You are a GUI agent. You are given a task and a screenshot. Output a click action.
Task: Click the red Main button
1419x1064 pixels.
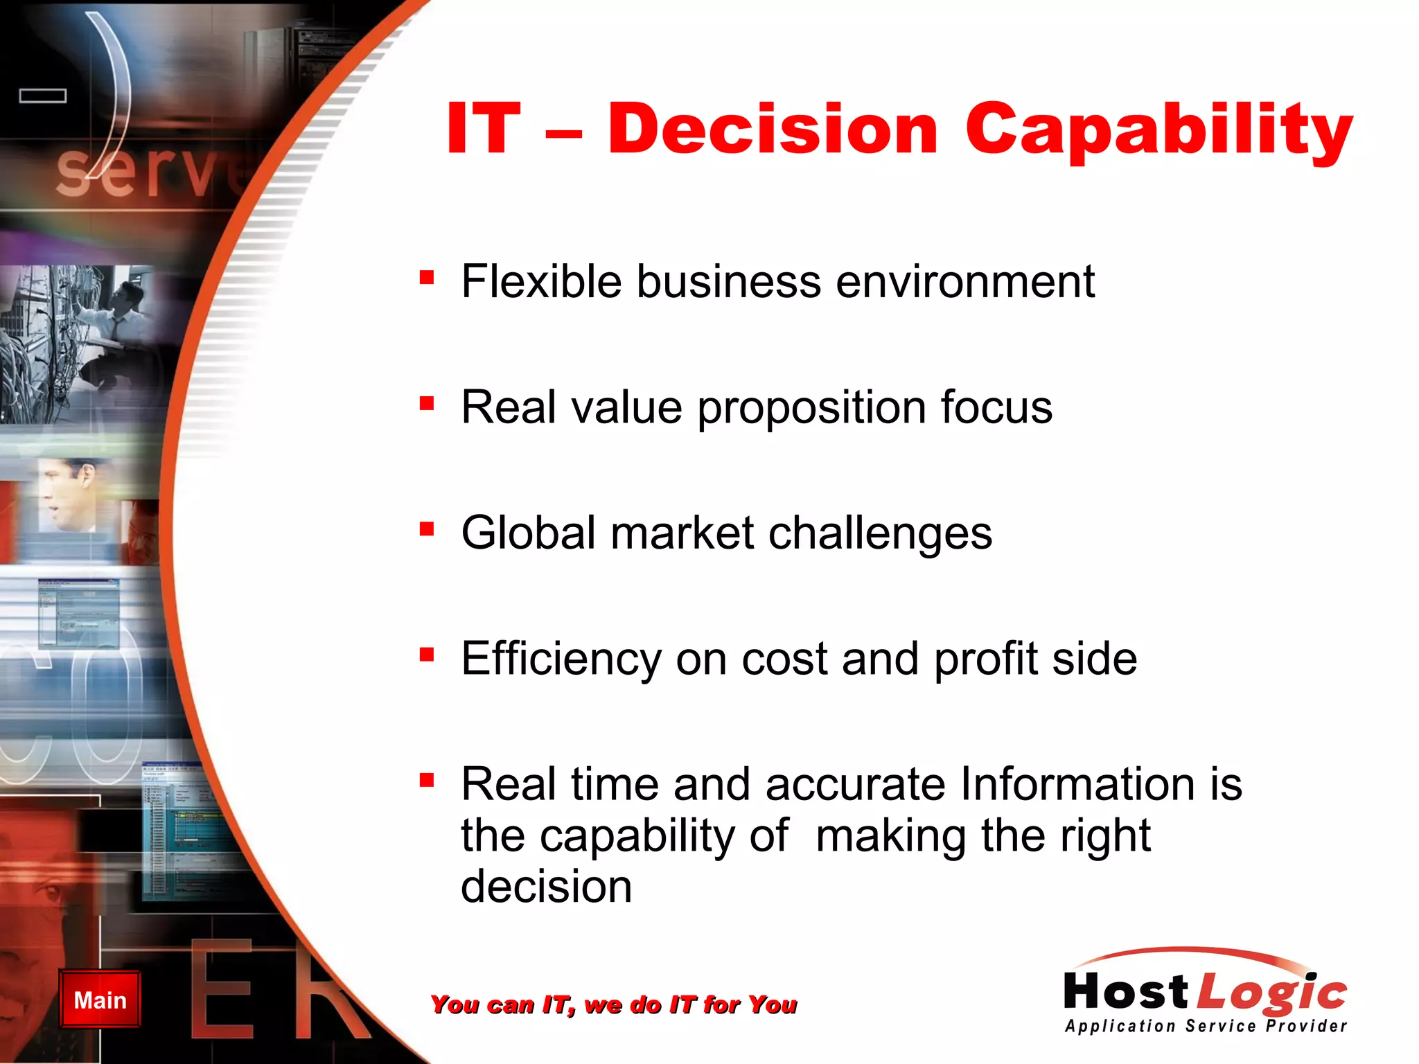[x=100, y=1000]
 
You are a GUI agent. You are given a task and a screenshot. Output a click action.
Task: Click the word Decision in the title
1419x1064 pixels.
[x=773, y=130]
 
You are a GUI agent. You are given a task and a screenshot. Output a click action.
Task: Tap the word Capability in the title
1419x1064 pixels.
[x=1158, y=132]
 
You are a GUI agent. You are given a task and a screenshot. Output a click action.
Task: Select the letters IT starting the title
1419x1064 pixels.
[x=483, y=130]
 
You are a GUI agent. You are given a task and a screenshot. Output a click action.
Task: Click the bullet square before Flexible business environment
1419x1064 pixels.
[x=427, y=278]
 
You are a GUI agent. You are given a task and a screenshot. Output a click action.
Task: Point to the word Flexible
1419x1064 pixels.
[x=541, y=282]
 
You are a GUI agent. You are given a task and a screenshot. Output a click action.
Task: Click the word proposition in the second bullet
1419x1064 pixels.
[x=811, y=409]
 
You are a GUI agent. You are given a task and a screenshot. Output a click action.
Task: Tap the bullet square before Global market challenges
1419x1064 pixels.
[x=427, y=530]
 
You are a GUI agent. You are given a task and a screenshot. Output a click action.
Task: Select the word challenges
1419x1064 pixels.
[x=880, y=533]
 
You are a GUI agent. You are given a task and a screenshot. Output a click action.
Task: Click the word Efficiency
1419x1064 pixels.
[x=561, y=659]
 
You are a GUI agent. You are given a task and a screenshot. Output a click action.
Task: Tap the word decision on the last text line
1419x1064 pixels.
[x=546, y=887]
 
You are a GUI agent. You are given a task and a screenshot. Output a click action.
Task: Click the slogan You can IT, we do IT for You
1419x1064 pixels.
[x=613, y=1004]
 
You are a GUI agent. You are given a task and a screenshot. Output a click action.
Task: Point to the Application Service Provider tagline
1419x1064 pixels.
[x=1206, y=1026]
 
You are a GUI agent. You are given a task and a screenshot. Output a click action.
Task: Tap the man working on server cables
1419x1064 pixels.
[x=118, y=326]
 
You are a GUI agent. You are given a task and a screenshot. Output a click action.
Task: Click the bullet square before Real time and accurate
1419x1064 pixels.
[x=427, y=781]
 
